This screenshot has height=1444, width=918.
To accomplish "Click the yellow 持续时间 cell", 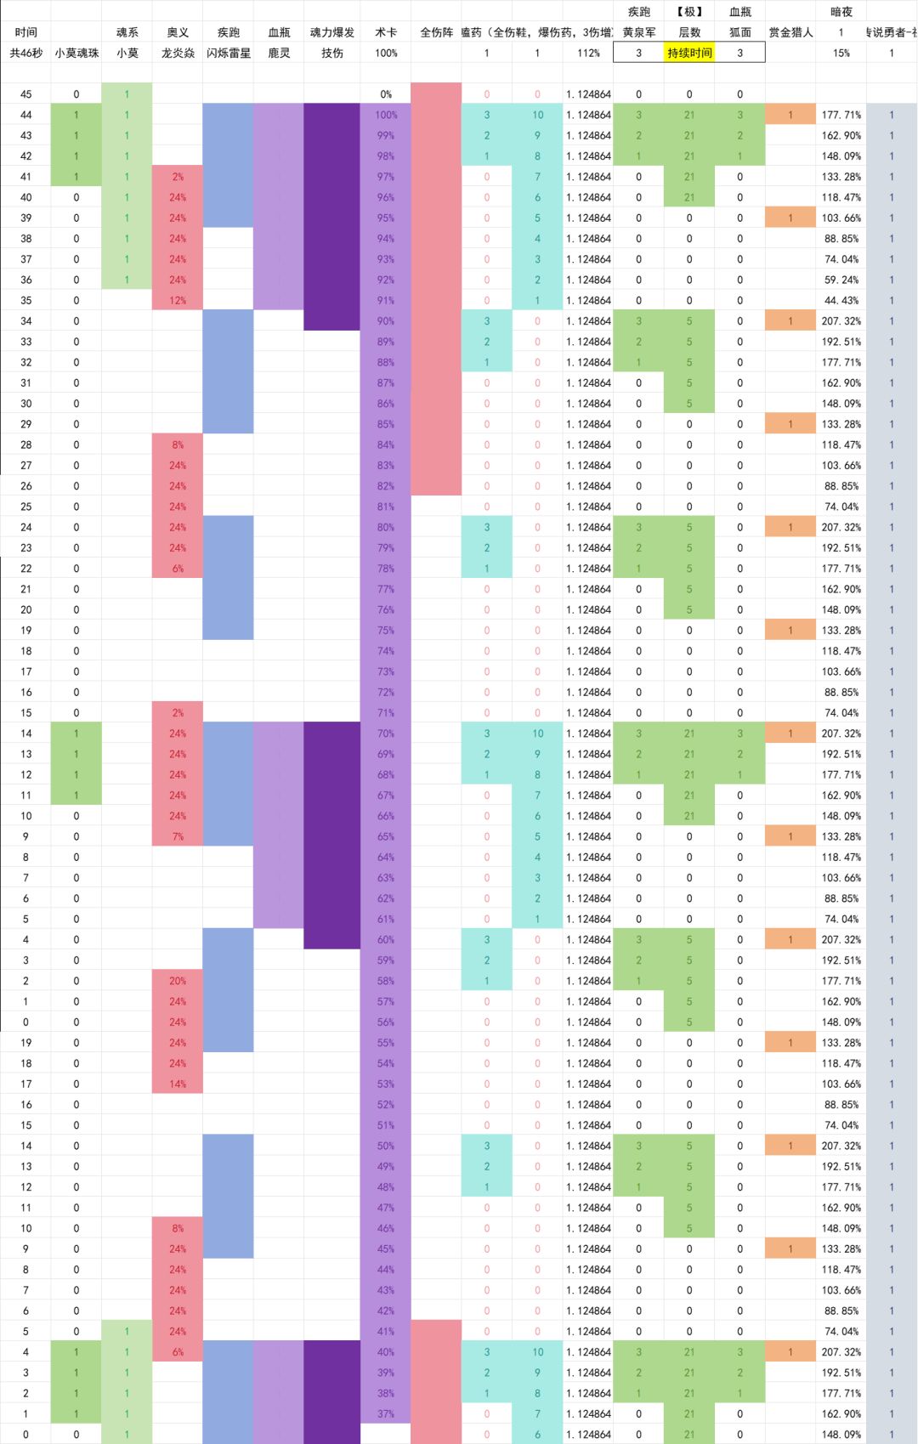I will click(689, 53).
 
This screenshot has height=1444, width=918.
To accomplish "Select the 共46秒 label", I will click(25, 53).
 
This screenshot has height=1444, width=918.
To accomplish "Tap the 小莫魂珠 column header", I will click(76, 53).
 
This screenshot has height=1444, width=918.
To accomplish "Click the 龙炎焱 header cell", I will click(178, 53).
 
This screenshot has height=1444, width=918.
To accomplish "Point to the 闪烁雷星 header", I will click(229, 53).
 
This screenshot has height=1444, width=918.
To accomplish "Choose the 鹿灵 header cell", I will click(279, 53).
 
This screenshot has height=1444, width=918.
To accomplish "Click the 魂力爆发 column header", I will click(332, 32).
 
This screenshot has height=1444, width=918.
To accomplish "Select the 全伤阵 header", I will click(437, 32).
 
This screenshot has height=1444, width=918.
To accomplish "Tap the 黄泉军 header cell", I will click(639, 32).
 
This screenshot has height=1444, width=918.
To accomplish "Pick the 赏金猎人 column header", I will click(790, 32).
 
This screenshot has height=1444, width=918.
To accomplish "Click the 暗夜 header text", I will click(841, 12).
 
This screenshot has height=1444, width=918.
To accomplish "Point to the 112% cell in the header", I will click(588, 53).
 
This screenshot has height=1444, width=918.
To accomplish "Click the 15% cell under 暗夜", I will click(841, 53).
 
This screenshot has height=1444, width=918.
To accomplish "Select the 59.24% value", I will click(841, 280).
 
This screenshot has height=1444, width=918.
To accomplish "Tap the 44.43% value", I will click(841, 300).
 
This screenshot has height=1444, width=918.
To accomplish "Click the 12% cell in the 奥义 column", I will click(178, 300).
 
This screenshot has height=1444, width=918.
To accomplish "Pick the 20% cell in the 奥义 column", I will click(178, 981).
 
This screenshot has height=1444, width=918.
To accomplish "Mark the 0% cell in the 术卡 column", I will click(386, 94).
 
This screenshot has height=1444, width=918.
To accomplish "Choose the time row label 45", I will click(25, 94).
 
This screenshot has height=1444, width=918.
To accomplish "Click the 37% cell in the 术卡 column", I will click(386, 1413).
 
